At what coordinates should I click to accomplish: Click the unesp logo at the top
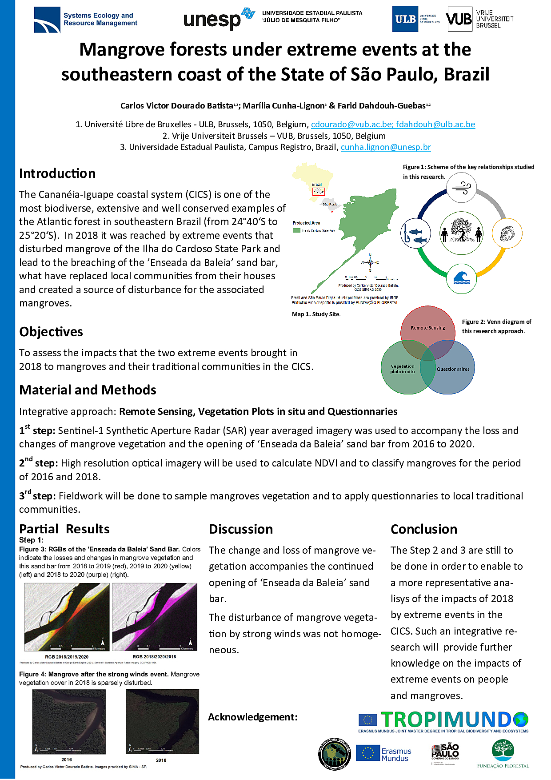click(x=219, y=19)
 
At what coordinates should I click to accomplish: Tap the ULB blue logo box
click(x=405, y=19)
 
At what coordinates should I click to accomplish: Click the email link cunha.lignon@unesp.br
click(x=386, y=147)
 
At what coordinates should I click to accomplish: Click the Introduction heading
click(x=57, y=173)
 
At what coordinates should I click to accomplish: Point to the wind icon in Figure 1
click(x=461, y=187)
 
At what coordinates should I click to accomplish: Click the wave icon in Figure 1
click(x=461, y=278)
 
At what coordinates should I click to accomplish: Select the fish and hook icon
click(x=415, y=233)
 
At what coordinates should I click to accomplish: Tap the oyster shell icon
click(x=507, y=233)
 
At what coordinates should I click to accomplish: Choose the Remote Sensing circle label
click(x=427, y=328)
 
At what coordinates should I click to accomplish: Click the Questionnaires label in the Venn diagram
click(x=453, y=369)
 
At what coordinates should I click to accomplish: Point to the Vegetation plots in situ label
click(x=403, y=369)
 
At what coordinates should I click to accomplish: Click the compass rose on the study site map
click(x=370, y=262)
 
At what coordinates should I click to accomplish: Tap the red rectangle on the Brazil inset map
click(x=319, y=192)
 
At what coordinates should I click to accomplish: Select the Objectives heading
click(x=51, y=332)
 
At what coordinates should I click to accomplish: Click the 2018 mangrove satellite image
click(x=162, y=721)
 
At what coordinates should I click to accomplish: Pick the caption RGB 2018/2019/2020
click(x=67, y=657)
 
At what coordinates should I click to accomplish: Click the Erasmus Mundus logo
click(x=383, y=754)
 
